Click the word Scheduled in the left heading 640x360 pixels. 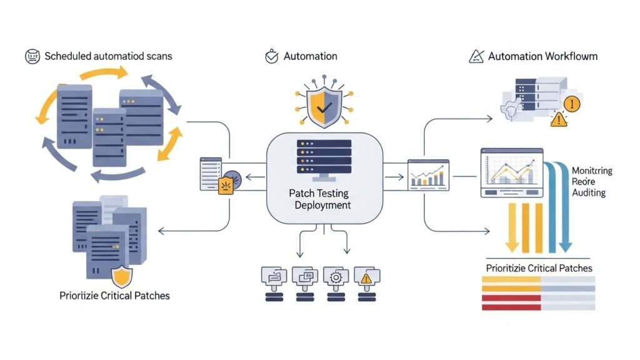[69, 56]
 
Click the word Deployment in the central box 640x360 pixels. [322, 205]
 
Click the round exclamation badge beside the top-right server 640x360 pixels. [572, 104]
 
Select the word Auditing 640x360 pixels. [589, 193]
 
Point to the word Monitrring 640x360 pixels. [592, 171]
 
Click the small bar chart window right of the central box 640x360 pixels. [428, 174]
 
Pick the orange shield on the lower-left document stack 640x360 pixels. [121, 276]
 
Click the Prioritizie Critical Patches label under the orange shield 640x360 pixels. [114, 295]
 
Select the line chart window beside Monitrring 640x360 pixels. [512, 172]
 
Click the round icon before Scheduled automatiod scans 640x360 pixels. [32, 56]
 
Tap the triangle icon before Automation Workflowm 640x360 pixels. [476, 56]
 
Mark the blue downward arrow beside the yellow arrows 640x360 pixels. [561, 206]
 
